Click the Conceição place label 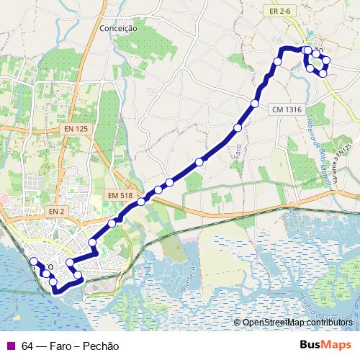(x=119, y=28)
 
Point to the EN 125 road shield (x=76, y=128)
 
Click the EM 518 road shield (x=120, y=195)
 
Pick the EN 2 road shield (x=57, y=211)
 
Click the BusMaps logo (x=325, y=345)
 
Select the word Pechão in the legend (x=101, y=346)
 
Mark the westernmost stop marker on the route (x=33, y=261)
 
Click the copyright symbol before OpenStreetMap (x=238, y=323)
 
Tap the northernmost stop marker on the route (x=307, y=50)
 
